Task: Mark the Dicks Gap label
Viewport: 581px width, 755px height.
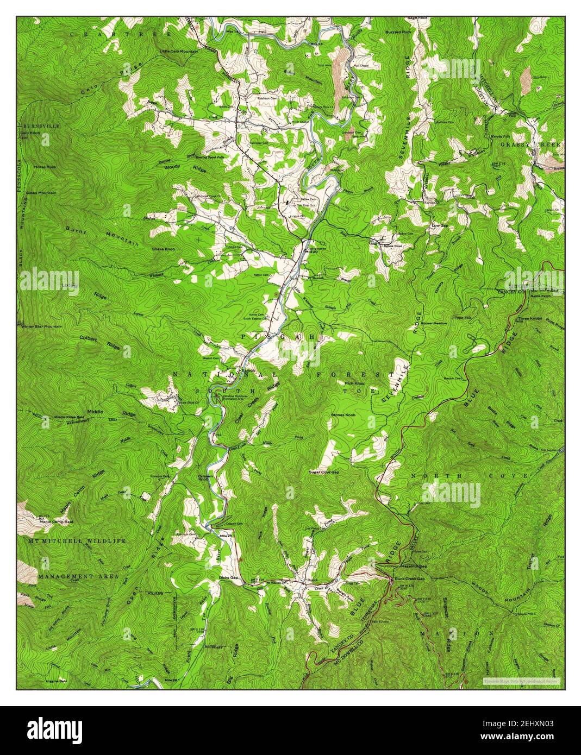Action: click(x=228, y=577)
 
